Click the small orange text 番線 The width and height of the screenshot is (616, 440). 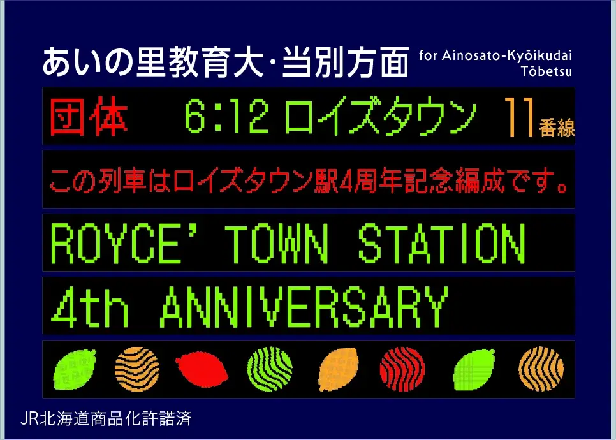click(x=557, y=127)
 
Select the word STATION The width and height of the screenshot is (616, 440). click(x=440, y=244)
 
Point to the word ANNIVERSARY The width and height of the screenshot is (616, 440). click(x=304, y=307)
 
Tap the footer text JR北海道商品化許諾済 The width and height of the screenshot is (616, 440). click(x=106, y=419)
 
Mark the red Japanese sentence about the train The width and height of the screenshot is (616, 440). click(x=309, y=181)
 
